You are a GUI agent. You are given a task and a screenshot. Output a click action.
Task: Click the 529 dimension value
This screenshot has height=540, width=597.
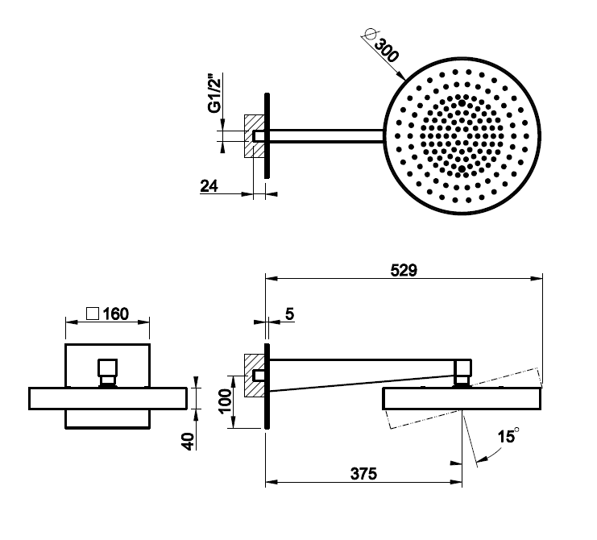click(x=404, y=270)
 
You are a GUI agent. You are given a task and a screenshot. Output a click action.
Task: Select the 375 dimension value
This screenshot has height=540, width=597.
click(x=363, y=474)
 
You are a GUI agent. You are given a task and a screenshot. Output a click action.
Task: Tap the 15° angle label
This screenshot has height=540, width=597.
click(x=508, y=436)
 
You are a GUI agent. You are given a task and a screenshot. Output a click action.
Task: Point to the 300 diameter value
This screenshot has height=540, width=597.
click(x=387, y=50)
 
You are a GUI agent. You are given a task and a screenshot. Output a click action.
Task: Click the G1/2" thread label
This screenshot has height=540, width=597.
click(x=215, y=93)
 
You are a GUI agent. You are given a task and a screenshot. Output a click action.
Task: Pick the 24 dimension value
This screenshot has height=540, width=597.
click(x=209, y=186)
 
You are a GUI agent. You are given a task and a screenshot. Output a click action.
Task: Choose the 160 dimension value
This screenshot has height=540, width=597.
click(x=116, y=314)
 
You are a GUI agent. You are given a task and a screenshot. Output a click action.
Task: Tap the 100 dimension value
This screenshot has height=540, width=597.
click(x=226, y=401)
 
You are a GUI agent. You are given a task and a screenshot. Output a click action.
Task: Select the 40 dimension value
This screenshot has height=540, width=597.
click(x=189, y=442)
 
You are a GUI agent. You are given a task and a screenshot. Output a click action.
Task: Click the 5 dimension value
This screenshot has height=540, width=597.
click(x=289, y=314)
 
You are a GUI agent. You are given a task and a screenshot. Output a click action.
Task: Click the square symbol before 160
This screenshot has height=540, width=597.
click(x=93, y=314)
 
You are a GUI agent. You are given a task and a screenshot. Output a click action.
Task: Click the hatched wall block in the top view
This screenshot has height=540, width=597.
click(x=254, y=136)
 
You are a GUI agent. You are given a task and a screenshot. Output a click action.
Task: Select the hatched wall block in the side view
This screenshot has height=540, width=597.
click(x=254, y=376)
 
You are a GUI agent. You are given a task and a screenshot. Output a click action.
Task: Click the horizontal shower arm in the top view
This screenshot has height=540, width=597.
click(x=326, y=136)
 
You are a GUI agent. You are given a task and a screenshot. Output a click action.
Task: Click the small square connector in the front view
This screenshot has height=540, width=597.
click(x=107, y=368)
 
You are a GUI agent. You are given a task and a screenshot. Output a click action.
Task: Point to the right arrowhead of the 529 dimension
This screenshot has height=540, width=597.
click(x=537, y=278)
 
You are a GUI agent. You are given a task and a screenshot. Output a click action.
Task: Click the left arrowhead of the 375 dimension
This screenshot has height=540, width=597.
click(x=272, y=482)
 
